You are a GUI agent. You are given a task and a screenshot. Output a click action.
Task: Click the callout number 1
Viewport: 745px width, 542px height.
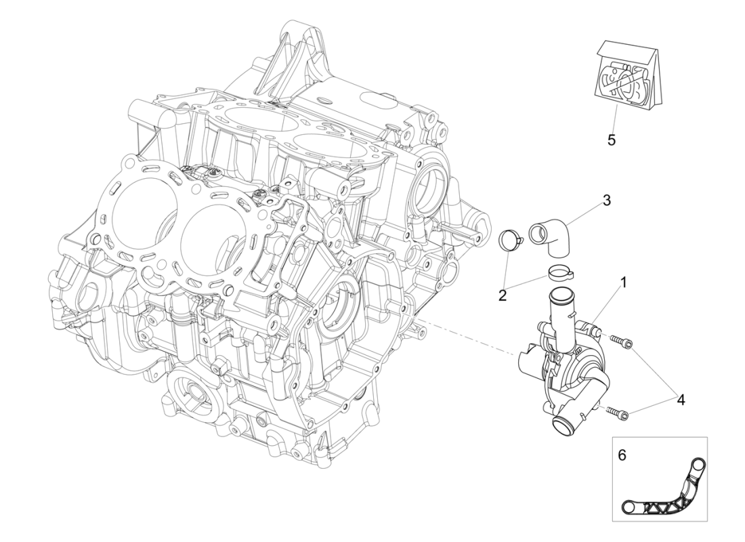pyautogui.click(x=622, y=280)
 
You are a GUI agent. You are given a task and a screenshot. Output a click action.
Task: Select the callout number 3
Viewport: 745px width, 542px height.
pyautogui.click(x=606, y=201)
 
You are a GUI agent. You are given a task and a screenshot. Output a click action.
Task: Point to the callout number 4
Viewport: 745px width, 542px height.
pyautogui.click(x=680, y=400)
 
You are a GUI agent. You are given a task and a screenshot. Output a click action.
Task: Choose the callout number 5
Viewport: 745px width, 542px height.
pyautogui.click(x=611, y=140)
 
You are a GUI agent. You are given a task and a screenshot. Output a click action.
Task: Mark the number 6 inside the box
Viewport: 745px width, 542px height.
pyautogui.click(x=622, y=455)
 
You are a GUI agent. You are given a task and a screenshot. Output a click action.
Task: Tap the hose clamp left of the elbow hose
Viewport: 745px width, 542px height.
pyautogui.click(x=512, y=240)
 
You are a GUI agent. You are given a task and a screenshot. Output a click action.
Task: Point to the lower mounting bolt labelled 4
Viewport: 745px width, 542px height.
pyautogui.click(x=618, y=411)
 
